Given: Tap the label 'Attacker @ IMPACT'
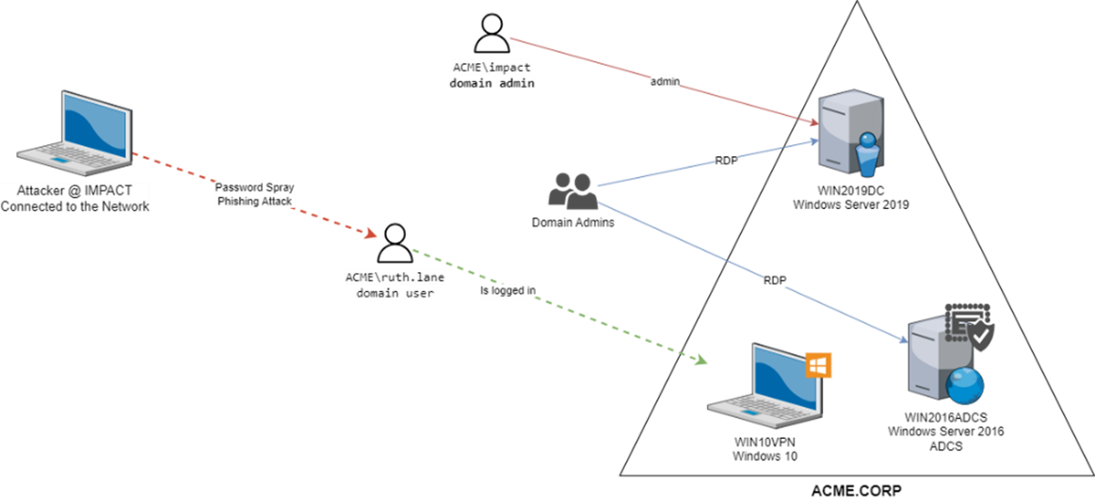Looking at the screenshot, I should pos(75,190).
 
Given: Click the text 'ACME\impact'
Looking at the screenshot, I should pos(491,68).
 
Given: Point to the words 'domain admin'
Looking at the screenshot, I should pos(491,83).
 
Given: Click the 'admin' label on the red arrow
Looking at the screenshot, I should pos(665,82).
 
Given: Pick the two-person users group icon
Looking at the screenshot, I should pos(572,191).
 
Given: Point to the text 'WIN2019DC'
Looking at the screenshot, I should pos(851,191).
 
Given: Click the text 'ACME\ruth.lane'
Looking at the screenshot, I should pos(395,278).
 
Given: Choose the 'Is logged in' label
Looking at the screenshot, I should pos(508,291).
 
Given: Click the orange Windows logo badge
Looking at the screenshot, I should pos(815,364).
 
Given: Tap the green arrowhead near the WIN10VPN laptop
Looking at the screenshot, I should pos(699,360).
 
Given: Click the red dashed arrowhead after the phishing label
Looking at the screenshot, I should pos(371,234).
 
